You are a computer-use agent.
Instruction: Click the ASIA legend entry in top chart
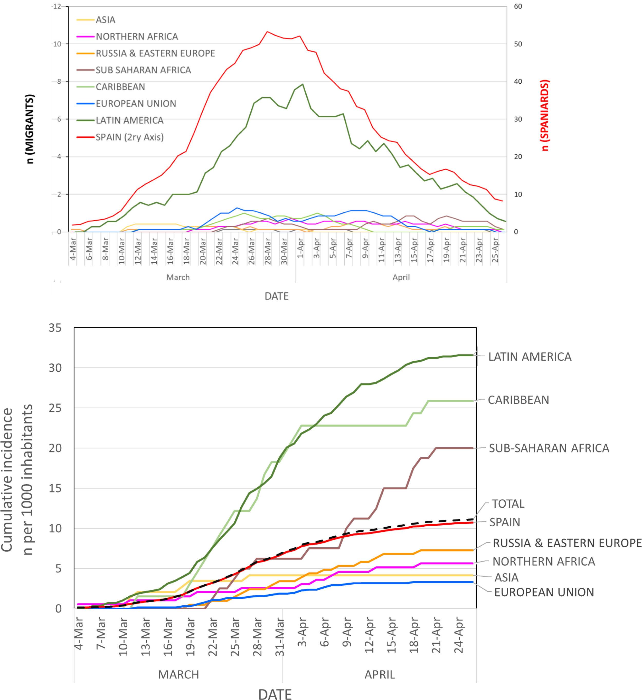click(105, 20)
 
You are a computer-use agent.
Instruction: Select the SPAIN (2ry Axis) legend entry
click(129, 137)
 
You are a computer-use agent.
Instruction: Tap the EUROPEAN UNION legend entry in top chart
click(136, 103)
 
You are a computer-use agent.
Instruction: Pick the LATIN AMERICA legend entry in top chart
click(129, 121)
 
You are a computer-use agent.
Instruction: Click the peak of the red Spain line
click(267, 32)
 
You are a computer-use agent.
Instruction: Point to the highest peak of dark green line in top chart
click(303, 84)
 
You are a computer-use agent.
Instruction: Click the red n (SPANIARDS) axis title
click(545, 116)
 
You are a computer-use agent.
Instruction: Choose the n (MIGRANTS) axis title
click(31, 129)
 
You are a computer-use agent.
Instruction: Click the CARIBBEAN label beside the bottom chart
click(518, 400)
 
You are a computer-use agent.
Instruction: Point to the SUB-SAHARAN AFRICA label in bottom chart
click(549, 448)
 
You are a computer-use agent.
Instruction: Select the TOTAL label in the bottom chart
click(508, 504)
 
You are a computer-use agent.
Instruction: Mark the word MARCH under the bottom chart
click(178, 675)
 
